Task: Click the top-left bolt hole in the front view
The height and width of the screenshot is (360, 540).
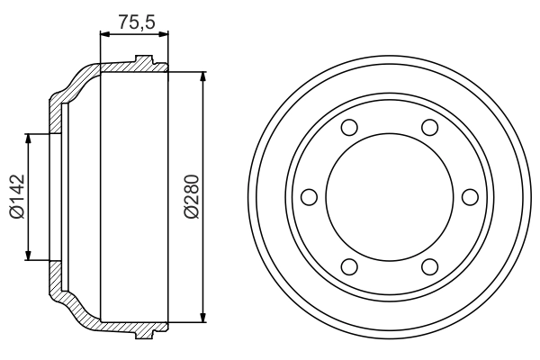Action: point(351,127)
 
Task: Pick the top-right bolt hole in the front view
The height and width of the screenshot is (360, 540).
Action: point(429,127)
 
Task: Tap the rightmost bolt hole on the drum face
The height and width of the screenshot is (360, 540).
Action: point(469,196)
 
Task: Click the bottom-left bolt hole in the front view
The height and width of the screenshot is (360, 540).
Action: point(351,265)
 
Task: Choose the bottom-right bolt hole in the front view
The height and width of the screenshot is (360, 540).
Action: point(429,265)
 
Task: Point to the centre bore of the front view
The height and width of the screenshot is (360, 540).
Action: point(390,196)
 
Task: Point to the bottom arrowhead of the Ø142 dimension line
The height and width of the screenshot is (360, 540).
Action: point(31,254)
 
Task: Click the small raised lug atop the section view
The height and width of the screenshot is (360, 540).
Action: point(143,62)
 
